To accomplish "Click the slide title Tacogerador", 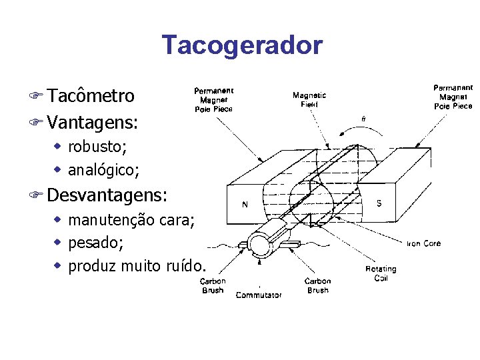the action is pyautogui.click(x=241, y=45).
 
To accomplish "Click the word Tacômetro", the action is pyautogui.click(x=91, y=96).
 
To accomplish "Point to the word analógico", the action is pyautogui.click(x=103, y=171).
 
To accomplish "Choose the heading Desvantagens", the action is pyautogui.click(x=107, y=195).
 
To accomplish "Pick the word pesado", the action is pyautogui.click(x=95, y=243).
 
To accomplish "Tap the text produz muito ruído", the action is pyautogui.click(x=136, y=266).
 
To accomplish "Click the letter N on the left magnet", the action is pyautogui.click(x=245, y=205).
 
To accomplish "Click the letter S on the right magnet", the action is pyautogui.click(x=379, y=203).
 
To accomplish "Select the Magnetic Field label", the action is pyautogui.click(x=309, y=100).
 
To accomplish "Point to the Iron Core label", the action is pyautogui.click(x=423, y=243).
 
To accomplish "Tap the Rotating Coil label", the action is pyautogui.click(x=380, y=273).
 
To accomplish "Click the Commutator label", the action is pyautogui.click(x=259, y=295).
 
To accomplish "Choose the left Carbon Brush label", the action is pyautogui.click(x=213, y=285).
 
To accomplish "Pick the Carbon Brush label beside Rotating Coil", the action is pyautogui.click(x=317, y=285).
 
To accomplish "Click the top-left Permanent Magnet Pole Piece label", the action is pyautogui.click(x=213, y=100).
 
